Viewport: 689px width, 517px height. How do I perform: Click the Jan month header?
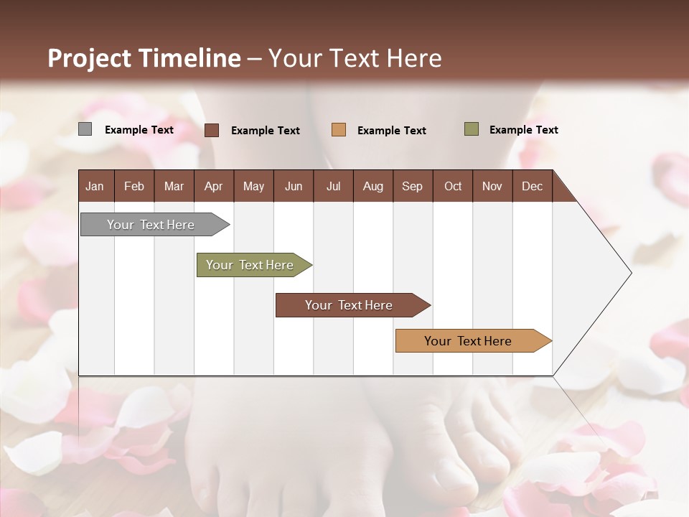(95, 186)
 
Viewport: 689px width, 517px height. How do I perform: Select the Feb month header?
(134, 186)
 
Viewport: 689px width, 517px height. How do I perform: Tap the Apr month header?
(214, 186)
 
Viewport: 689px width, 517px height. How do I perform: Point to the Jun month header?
(294, 186)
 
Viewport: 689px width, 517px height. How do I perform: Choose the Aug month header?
(373, 186)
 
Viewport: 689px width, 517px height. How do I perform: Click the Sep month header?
(413, 186)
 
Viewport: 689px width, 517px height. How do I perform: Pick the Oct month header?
(453, 186)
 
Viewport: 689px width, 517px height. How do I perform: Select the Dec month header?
(533, 186)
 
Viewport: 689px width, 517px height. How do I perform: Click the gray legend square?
(85, 129)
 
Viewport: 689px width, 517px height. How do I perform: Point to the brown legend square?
(212, 130)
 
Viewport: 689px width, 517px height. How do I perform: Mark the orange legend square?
(339, 130)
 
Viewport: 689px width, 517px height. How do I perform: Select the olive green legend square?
(472, 129)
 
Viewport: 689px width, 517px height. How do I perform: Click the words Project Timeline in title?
(144, 58)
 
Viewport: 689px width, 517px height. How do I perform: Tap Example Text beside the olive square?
(523, 130)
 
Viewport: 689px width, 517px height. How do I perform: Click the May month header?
(253, 186)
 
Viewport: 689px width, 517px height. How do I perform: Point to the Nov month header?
(492, 186)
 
